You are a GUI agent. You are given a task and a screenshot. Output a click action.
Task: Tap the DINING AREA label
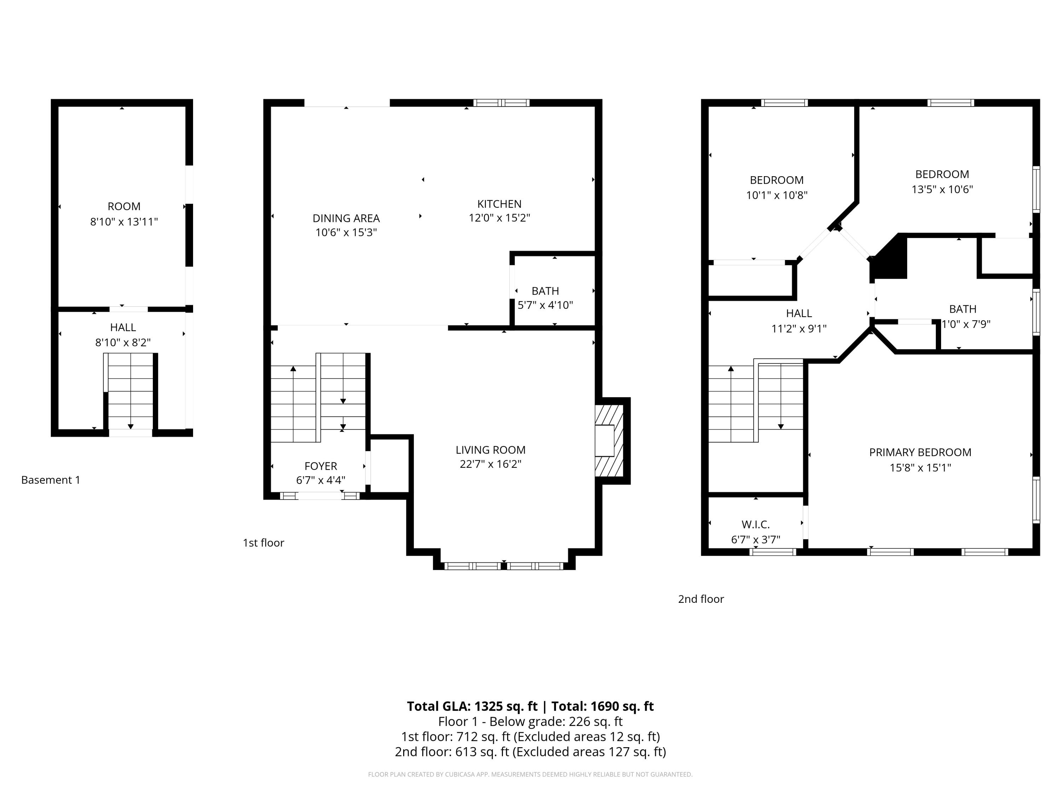click(346, 218)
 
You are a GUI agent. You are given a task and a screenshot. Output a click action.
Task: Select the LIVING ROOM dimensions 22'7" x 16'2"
click(490, 464)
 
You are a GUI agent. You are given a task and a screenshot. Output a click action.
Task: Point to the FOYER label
click(320, 466)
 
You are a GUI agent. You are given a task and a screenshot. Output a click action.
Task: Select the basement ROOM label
click(124, 206)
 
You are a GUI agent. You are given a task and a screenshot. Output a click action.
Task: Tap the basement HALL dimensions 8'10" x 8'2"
click(123, 342)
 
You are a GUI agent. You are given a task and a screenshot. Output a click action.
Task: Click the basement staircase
click(130, 391)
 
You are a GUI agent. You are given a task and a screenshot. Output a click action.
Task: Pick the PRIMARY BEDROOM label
click(920, 452)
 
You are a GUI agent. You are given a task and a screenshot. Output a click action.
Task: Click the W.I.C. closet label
click(755, 524)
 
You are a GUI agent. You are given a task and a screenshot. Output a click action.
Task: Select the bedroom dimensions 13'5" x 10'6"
click(942, 189)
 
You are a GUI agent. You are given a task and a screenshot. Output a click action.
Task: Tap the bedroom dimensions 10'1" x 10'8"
click(777, 195)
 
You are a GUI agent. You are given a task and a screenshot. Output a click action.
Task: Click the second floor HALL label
click(799, 313)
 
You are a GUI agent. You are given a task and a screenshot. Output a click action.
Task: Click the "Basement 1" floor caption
click(51, 480)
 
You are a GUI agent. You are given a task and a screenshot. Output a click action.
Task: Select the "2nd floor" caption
click(701, 599)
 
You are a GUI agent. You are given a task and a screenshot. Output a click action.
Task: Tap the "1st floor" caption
click(263, 543)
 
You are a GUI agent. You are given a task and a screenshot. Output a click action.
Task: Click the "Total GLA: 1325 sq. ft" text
click(472, 706)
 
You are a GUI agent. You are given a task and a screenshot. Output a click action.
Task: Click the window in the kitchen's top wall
click(501, 103)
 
